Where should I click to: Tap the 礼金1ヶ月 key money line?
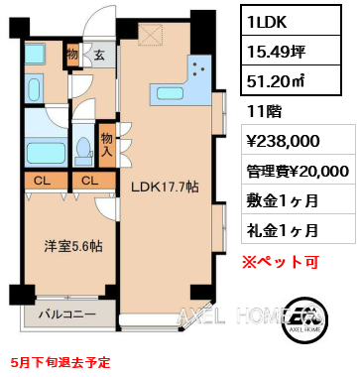click(284, 230)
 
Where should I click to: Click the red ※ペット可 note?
click(286, 262)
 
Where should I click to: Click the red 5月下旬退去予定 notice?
click(61, 363)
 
